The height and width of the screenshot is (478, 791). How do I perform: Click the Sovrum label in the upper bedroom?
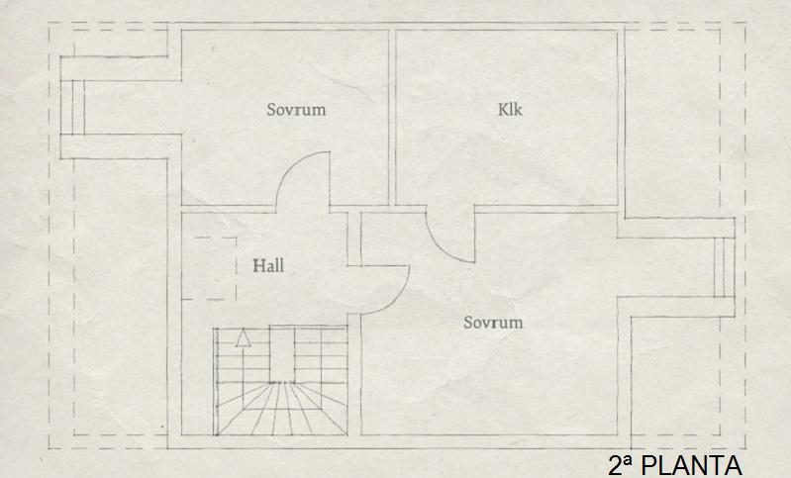[x=296, y=110]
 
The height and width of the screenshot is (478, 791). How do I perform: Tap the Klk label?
[x=510, y=110]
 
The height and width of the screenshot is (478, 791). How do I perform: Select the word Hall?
[x=268, y=266]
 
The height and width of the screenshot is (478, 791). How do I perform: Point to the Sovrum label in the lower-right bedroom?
[x=493, y=323]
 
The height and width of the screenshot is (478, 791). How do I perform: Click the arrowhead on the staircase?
[x=244, y=337]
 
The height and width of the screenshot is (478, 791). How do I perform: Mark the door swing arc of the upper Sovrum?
[x=302, y=178]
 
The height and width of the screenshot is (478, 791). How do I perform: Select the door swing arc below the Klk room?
[x=450, y=236]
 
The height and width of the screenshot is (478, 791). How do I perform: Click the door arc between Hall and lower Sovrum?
[x=385, y=289]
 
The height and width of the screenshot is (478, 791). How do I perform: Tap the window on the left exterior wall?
[x=72, y=107]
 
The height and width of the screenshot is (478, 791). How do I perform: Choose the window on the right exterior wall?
[x=724, y=267]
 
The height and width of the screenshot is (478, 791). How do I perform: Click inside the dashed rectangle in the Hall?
[x=209, y=268]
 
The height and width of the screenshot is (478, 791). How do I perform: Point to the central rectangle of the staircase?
[x=281, y=354]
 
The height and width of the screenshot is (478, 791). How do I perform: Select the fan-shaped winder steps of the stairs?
[x=282, y=409]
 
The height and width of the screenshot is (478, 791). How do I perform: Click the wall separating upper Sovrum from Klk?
[x=392, y=118]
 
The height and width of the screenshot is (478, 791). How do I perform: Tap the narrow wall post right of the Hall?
[x=354, y=239]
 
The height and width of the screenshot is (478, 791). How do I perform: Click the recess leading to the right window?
[x=666, y=267]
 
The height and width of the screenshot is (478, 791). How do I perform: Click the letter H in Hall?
[x=258, y=266]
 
